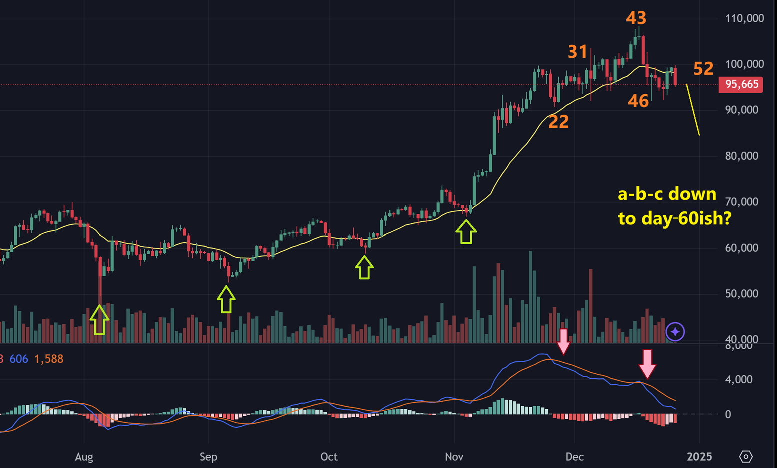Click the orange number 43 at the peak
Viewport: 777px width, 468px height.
coord(636,18)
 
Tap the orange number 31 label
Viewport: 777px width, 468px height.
coord(577,52)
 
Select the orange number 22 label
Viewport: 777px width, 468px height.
coord(558,121)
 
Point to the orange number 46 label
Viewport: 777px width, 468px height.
coord(638,101)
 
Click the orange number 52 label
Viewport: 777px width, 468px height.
coord(703,69)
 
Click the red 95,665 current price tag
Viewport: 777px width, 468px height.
coord(741,84)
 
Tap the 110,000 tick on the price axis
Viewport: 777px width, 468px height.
coord(744,18)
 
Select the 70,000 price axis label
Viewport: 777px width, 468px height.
coord(741,202)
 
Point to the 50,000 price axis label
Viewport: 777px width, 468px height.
coord(741,294)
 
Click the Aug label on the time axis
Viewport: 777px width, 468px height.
coord(84,457)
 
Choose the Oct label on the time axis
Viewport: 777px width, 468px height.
coord(329,457)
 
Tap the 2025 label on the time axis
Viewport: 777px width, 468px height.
coord(699,457)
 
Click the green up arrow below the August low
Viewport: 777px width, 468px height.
coord(99,320)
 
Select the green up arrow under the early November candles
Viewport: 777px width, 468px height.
coord(466,232)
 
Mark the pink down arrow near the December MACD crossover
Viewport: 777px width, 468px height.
coord(647,364)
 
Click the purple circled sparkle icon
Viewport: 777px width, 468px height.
coord(675,331)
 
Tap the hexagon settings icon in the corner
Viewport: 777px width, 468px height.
coord(746,456)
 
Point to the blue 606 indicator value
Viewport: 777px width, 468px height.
coord(19,359)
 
